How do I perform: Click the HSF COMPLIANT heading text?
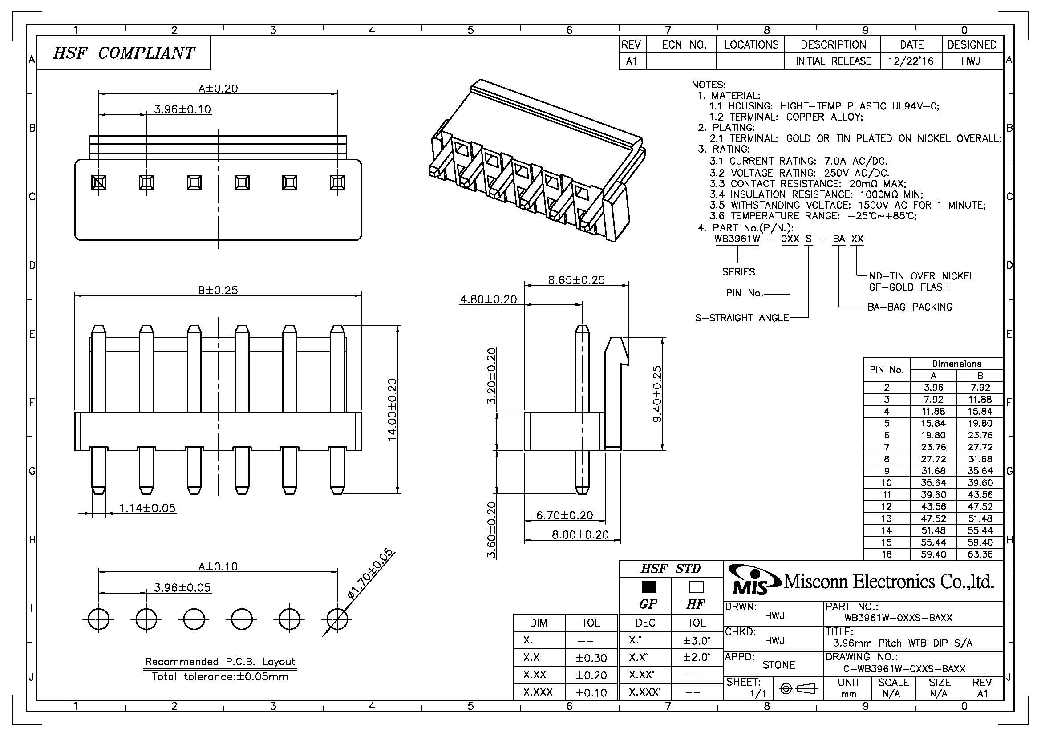click(123, 53)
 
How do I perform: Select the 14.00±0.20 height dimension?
click(392, 409)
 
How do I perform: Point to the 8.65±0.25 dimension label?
click(576, 279)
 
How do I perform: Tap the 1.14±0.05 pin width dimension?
click(147, 508)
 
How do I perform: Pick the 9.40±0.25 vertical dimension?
click(657, 393)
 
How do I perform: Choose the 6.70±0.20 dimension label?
click(564, 515)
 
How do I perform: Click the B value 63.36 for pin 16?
click(980, 554)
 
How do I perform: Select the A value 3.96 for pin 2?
click(933, 387)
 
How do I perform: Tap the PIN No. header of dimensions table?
click(886, 369)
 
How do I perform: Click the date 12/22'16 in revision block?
click(911, 61)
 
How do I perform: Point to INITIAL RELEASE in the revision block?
click(833, 61)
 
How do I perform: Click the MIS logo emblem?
click(753, 581)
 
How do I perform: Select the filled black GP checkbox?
click(649, 587)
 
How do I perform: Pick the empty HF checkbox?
click(696, 587)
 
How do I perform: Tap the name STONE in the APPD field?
click(778, 665)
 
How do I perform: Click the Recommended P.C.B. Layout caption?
click(220, 661)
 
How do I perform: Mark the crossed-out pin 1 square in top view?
click(99, 182)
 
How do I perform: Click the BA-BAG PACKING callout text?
click(910, 307)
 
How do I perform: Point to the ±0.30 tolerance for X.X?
click(591, 658)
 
